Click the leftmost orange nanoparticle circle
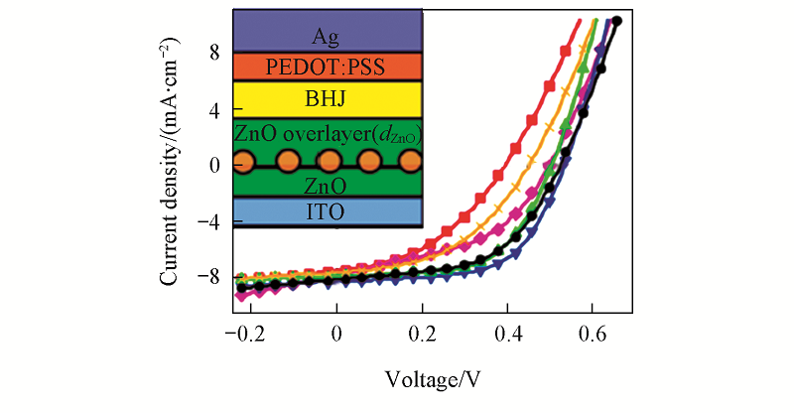coord(244,162)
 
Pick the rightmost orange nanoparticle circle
coord(410,162)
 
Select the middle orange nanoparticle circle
coord(328,162)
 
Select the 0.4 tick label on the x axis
coord(508,335)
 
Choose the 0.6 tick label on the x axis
coord(595,335)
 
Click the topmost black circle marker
coord(616,21)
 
